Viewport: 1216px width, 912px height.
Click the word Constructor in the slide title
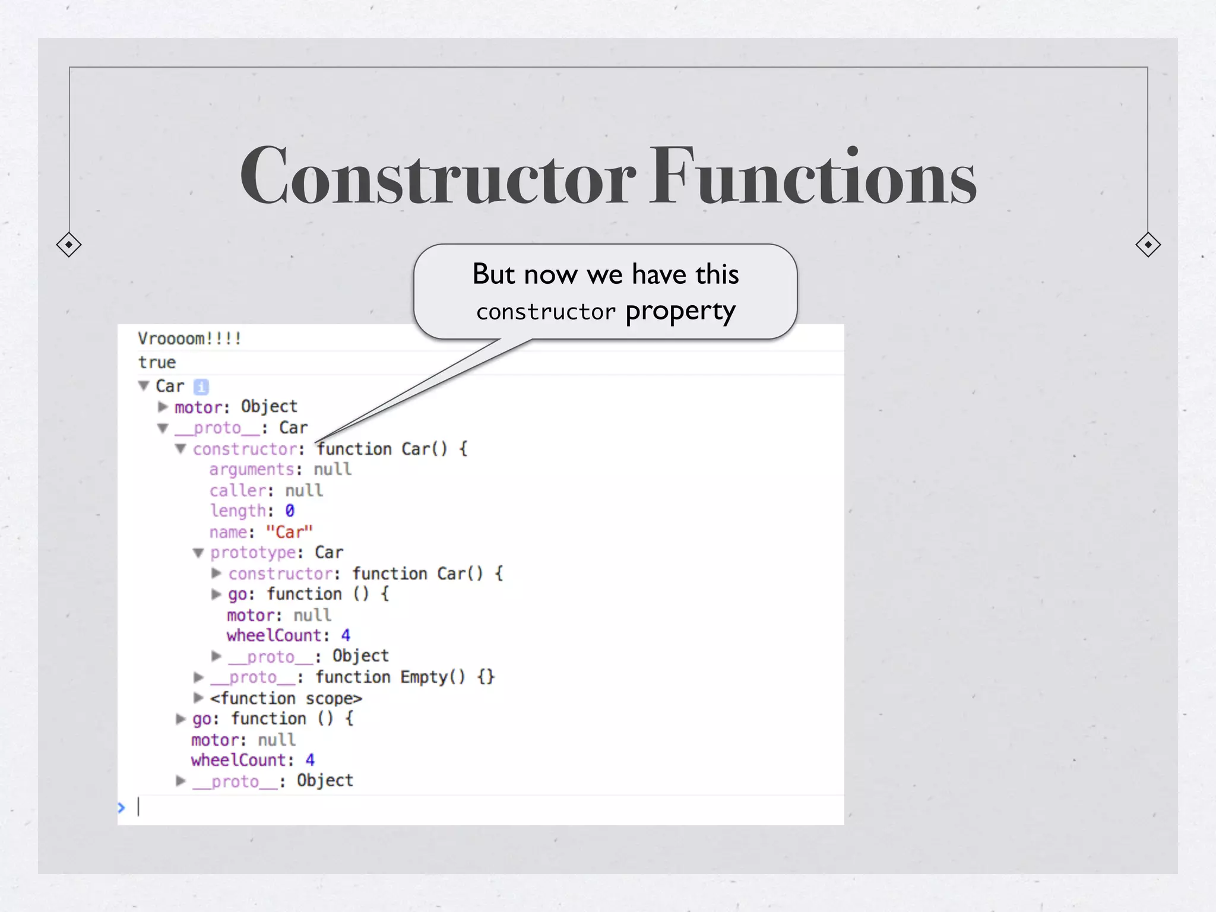pos(438,176)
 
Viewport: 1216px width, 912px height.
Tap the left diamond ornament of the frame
pos(69,245)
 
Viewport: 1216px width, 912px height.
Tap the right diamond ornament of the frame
pos(1148,245)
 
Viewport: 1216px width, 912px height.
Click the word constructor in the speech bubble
pos(546,312)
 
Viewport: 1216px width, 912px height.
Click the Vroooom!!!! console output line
pos(189,338)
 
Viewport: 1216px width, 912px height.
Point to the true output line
pos(157,362)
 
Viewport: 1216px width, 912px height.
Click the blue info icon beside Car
pos(201,387)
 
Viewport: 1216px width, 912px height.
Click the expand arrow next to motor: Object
pos(163,407)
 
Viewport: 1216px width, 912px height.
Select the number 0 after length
pos(290,511)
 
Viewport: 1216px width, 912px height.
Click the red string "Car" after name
pos(289,532)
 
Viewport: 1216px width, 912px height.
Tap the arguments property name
pos(252,470)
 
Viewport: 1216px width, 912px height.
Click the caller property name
pos(237,490)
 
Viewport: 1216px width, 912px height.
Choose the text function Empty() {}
pos(405,677)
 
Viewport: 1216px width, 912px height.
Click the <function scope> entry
pos(286,698)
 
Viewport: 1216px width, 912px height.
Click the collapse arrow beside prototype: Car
pos(198,553)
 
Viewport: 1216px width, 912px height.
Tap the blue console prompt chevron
pos(122,807)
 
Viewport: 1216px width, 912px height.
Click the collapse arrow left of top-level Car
pos(143,386)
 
